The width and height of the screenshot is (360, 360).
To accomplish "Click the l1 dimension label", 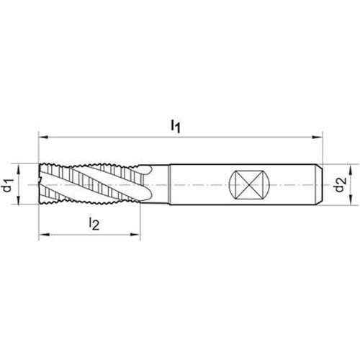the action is tap(175, 126).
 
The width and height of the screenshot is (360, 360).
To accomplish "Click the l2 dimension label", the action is tap(94, 224).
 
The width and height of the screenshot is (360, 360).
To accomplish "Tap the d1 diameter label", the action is tap(7, 185).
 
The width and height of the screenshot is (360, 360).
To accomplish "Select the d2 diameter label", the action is tap(341, 184).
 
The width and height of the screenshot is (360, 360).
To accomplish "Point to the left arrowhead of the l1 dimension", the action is tap(44, 138).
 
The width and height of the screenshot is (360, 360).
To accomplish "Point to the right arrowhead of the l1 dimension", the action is tap(318, 138).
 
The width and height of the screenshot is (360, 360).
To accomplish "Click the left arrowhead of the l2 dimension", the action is tap(44, 235).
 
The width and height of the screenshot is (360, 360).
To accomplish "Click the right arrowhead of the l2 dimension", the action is tap(135, 235).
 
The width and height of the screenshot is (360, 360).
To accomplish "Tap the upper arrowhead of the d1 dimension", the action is tap(19, 169).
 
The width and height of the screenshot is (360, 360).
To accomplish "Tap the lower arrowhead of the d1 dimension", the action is tap(19, 199).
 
